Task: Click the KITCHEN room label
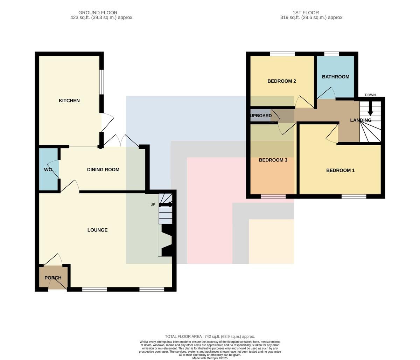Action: click(69, 101)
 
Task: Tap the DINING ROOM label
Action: click(103, 170)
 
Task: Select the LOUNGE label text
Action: click(98, 230)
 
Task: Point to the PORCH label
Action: click(53, 278)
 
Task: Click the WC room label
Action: click(48, 170)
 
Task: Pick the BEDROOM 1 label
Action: click(340, 171)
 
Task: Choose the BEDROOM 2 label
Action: click(282, 81)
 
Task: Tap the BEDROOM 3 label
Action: click(273, 160)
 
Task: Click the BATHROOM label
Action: click(336, 77)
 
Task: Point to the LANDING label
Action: click(360, 120)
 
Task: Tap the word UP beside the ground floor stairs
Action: click(153, 205)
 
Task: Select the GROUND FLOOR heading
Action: click(98, 13)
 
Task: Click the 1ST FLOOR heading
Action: click(306, 13)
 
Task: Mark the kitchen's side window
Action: click(101, 82)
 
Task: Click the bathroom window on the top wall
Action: click(331, 54)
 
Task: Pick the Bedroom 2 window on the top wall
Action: click(282, 54)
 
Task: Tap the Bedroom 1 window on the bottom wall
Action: click(354, 196)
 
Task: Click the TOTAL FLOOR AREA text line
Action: click(210, 337)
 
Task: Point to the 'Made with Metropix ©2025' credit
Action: click(210, 358)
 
